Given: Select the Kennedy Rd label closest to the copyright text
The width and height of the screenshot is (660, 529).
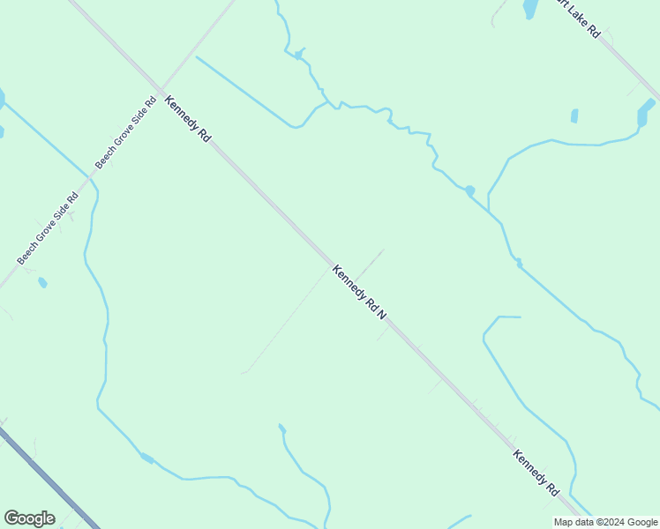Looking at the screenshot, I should coord(536,473).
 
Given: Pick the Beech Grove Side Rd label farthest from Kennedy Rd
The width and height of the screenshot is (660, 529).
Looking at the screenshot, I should coord(48,227).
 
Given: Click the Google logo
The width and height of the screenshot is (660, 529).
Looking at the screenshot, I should coord(29,518).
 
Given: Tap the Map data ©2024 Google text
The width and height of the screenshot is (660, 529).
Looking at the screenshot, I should coord(605,522).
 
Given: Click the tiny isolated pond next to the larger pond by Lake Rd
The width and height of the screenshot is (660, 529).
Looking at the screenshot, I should coord(574,115).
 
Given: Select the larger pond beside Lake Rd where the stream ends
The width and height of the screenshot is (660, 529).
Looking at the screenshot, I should coord(646,115).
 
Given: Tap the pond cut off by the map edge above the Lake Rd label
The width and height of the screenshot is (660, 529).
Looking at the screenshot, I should coord(529,8).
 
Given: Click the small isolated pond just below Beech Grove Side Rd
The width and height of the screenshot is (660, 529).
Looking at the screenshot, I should coord(42,283).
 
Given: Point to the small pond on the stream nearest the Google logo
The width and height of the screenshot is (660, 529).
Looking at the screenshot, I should coord(146,458).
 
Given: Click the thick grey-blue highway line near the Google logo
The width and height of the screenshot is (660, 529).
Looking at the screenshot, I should coord(49,476).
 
